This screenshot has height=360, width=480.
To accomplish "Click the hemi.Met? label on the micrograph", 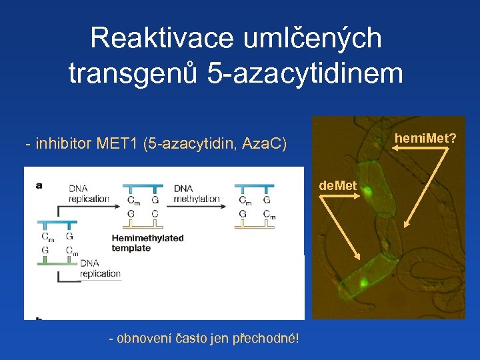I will (x=425, y=138).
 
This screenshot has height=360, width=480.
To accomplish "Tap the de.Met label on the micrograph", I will (x=338, y=185).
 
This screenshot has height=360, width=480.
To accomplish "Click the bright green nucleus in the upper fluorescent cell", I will (x=367, y=195).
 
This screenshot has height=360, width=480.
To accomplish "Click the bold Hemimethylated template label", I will (x=147, y=243).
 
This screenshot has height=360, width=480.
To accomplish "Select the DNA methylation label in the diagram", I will (x=196, y=193).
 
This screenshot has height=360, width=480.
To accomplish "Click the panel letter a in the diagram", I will (x=37, y=185).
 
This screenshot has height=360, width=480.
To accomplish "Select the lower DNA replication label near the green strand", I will (x=100, y=269).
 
